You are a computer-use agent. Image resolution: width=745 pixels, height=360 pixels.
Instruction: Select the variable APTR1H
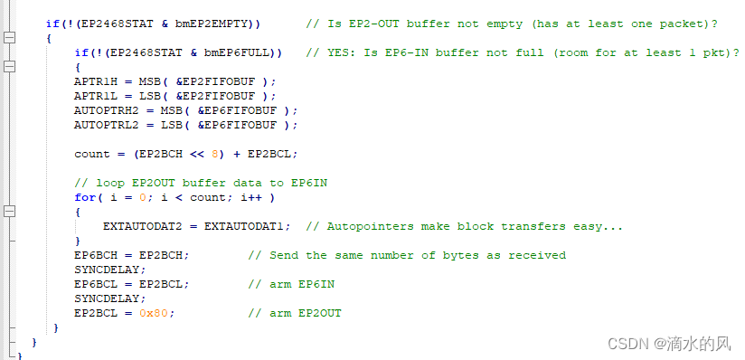tap(95, 81)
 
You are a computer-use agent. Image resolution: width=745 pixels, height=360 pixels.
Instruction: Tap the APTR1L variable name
tap(95, 96)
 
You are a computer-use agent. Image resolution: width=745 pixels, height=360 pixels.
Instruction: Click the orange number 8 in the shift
tap(215, 154)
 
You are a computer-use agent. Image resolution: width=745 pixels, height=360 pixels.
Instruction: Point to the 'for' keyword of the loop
tap(84, 197)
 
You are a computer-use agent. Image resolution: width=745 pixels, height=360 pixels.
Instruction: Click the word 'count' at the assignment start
tap(91, 154)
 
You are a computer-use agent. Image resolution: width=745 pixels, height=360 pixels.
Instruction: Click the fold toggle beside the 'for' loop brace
tap(10, 212)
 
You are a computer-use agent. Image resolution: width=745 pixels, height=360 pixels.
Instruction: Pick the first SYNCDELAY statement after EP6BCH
tap(109, 270)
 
